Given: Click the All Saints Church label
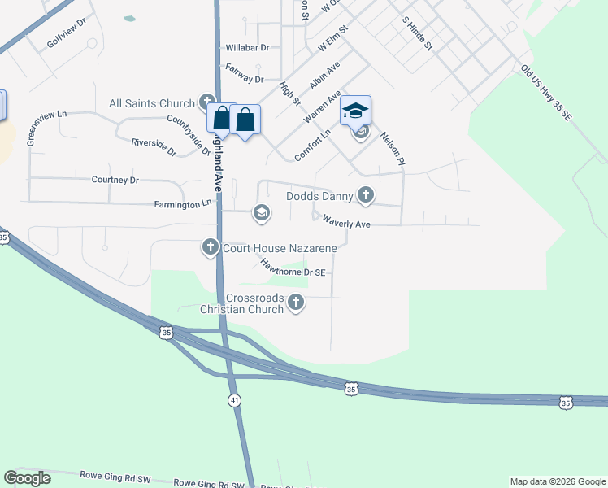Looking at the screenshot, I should (152, 103).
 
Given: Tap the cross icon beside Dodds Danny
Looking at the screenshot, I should (366, 195).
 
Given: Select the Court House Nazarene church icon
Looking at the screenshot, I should (211, 247).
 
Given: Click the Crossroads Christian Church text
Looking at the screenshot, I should (242, 303).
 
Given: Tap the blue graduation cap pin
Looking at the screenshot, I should (355, 111).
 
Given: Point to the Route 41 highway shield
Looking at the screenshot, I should (234, 400).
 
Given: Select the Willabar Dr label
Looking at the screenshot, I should (247, 48).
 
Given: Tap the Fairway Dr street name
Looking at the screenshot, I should (245, 73).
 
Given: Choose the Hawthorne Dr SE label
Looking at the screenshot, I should (293, 268).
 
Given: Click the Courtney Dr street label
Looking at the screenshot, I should (115, 180).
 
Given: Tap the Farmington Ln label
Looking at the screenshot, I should (184, 204).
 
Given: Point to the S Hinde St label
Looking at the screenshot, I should (416, 33).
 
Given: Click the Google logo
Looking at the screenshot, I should (28, 478).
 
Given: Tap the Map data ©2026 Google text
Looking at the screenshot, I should (558, 481).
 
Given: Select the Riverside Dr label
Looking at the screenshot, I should (154, 146).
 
